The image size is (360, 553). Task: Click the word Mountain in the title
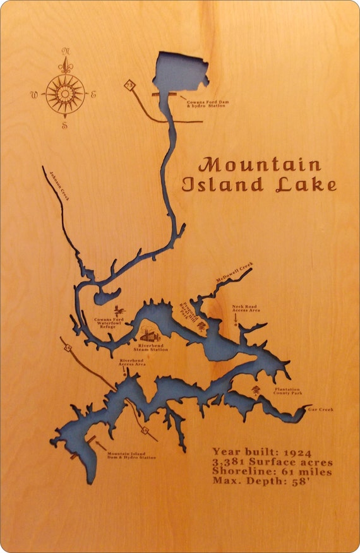click(x=260, y=165)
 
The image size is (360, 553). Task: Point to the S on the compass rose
click(x=64, y=126)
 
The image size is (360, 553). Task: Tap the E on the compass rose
click(x=93, y=95)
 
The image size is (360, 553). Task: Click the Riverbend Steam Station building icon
click(x=150, y=335)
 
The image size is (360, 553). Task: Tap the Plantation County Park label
click(x=286, y=391)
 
